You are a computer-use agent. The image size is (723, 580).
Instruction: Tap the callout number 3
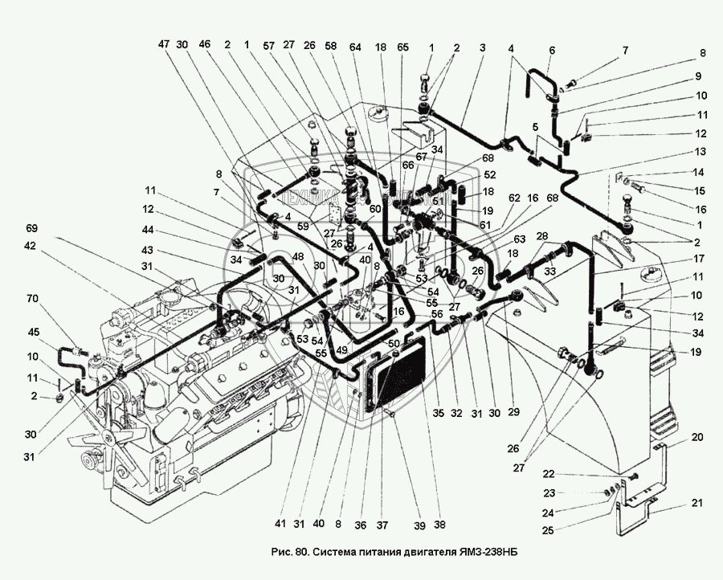tap(482, 47)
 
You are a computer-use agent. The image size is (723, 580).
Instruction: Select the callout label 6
tap(552, 49)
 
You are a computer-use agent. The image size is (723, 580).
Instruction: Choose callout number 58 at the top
tap(329, 46)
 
